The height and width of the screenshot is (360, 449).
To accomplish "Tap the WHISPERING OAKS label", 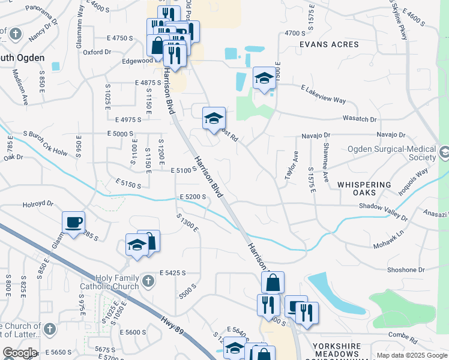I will (x=364, y=189).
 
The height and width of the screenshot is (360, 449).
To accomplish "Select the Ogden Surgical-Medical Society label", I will (x=392, y=153).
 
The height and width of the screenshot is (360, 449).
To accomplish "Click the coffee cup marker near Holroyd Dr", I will (x=73, y=223).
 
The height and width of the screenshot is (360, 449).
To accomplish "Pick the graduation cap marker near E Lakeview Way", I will (x=264, y=78).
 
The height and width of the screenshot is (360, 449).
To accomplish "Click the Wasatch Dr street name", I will (x=360, y=119).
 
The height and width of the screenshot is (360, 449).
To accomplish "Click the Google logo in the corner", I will (x=19, y=352).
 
